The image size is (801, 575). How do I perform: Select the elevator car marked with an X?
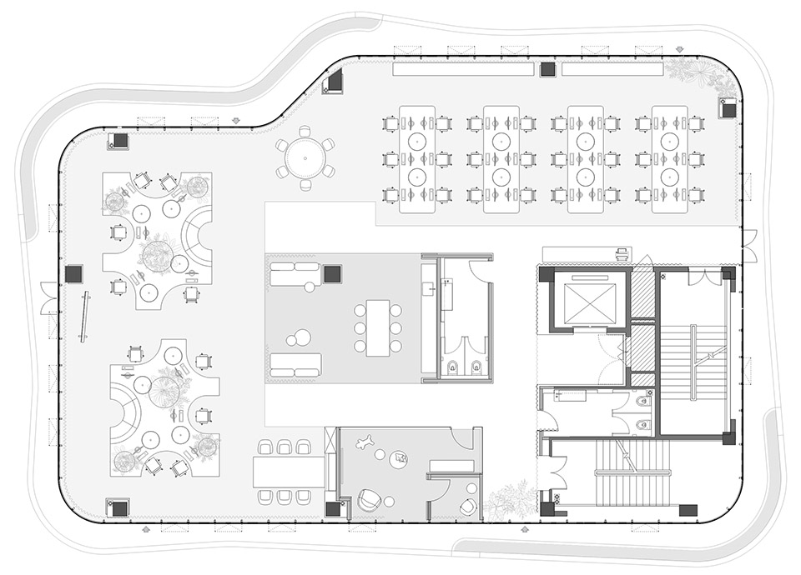pyautogui.click(x=590, y=301)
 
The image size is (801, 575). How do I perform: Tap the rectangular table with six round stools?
pyautogui.click(x=378, y=327)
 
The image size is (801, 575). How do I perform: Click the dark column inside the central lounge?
pyautogui.click(x=332, y=272)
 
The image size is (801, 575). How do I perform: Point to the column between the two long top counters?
pyautogui.click(x=547, y=69)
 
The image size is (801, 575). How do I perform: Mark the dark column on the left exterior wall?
pyautogui.click(x=73, y=272)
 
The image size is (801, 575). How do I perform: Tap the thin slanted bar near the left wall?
pyautogui.click(x=83, y=317)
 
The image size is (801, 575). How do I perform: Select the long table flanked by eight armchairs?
pyautogui.click(x=288, y=472)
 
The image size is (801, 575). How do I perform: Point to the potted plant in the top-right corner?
pyautogui.click(x=694, y=73)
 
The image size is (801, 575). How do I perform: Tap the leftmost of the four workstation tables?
pyautogui.click(x=417, y=159)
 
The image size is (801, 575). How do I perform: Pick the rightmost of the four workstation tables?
pyautogui.click(x=669, y=159)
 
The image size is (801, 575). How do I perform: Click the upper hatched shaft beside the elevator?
pyautogui.click(x=642, y=292)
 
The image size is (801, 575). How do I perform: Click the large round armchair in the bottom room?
pyautogui.click(x=368, y=500)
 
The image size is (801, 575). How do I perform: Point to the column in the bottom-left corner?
pyautogui.click(x=117, y=507)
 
